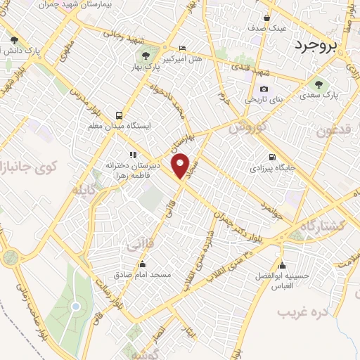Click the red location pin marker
point(181,165)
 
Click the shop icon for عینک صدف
point(266,18)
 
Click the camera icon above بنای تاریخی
point(264,89)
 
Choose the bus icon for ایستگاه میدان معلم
point(119,115)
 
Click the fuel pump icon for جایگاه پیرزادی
point(271,157)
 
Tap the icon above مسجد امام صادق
point(143,265)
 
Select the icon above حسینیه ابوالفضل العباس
point(282,265)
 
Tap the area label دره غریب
point(303,311)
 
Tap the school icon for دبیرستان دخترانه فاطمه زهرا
point(131,154)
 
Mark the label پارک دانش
point(18,51)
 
